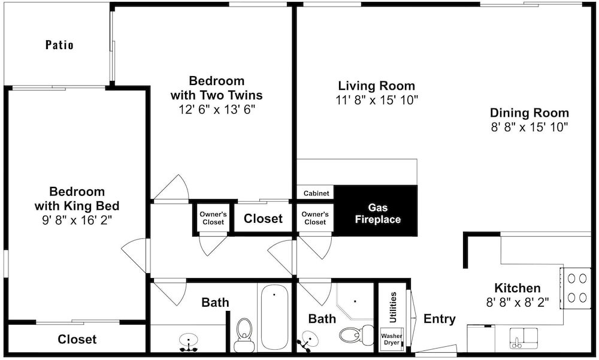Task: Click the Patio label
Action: click(59, 45)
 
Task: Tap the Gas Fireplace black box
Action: click(376, 211)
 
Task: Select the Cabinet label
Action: click(316, 193)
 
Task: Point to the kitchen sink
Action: click(524, 338)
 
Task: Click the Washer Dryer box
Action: click(392, 340)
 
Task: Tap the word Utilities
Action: click(393, 307)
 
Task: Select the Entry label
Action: click(439, 319)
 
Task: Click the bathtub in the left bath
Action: click(274, 317)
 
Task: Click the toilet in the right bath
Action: click(356, 335)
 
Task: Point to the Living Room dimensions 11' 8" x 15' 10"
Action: click(377, 100)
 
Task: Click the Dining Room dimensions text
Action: click(530, 127)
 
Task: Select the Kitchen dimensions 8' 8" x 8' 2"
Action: click(518, 302)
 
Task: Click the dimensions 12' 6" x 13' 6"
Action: click(217, 110)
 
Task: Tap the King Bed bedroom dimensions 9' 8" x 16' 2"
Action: click(77, 220)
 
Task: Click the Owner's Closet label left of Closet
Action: click(213, 218)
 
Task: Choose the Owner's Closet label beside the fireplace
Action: click(315, 218)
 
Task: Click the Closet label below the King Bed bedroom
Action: click(77, 339)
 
